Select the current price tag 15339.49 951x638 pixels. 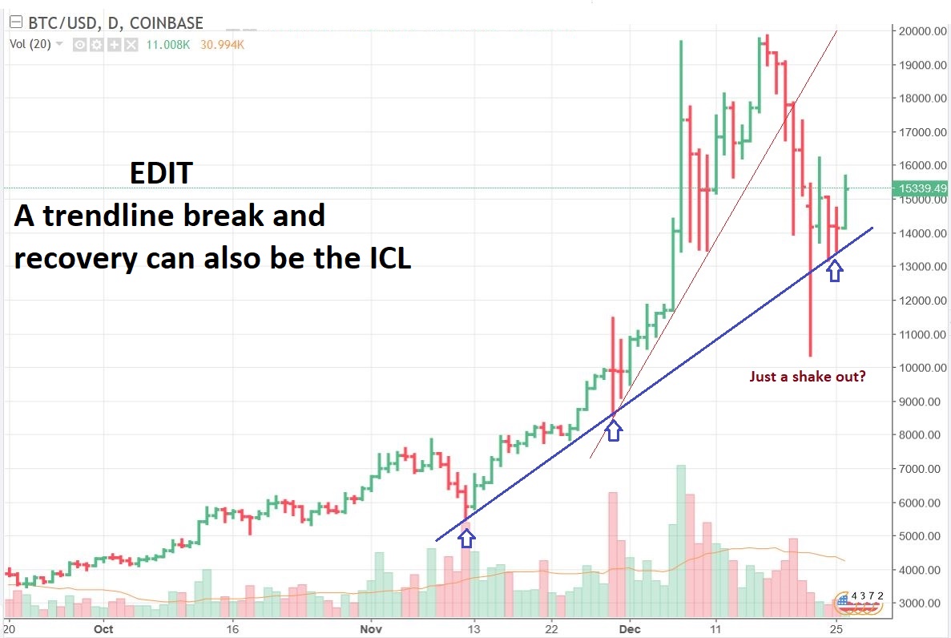924,188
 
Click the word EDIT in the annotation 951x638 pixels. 161,173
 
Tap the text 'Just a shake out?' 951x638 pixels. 807,376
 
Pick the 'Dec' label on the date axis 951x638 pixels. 630,629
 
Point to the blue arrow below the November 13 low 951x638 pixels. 466,537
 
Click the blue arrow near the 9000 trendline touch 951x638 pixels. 613,431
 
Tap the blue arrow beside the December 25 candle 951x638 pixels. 835,272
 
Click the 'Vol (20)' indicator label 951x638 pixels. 30,45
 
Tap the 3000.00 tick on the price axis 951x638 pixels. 920,603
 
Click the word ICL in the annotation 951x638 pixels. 384,260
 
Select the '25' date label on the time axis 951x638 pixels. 836,629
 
